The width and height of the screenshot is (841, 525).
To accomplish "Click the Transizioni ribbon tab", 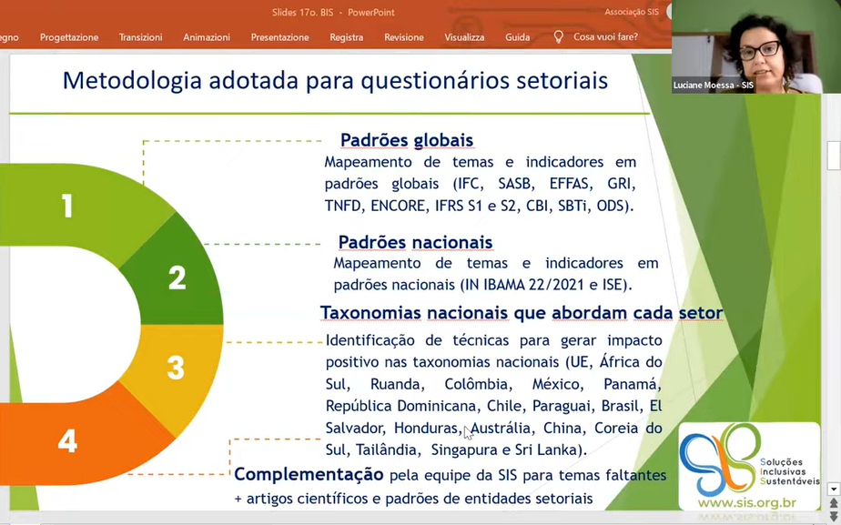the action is [140, 37].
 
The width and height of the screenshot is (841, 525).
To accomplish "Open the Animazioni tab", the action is [207, 37].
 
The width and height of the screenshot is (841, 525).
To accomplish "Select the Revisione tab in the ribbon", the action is [404, 37].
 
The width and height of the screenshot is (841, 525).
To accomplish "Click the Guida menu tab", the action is [518, 37].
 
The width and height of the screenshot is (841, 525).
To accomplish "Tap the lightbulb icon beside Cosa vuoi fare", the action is [558, 36].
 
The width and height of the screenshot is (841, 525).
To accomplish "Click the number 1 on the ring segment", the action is [67, 206].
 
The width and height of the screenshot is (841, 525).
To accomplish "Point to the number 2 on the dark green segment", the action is [177, 278].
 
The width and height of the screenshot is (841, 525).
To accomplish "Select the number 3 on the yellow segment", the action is [176, 368].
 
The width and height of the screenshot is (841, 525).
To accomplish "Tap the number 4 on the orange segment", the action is [67, 441].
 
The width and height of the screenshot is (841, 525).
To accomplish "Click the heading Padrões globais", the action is [407, 140].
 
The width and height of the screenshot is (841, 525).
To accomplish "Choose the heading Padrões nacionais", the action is [416, 242].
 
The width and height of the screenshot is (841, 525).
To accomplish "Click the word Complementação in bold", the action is [309, 475].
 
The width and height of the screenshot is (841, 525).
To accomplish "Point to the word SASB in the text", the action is [514, 184].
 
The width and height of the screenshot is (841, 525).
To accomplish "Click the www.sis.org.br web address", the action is [747, 503].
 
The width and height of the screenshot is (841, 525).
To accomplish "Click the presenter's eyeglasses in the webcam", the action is [760, 50].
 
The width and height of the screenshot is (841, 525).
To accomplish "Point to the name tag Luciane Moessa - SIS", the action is [714, 86].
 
